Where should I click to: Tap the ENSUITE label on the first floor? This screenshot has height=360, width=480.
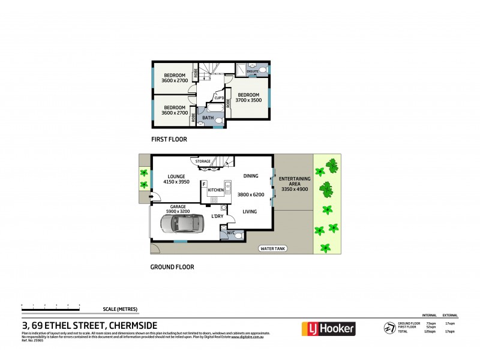[253, 71]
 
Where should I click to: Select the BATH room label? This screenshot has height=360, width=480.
[208, 118]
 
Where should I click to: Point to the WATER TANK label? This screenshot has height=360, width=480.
[272, 248]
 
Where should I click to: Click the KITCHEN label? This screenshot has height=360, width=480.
[216, 190]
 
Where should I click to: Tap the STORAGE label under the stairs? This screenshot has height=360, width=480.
[203, 161]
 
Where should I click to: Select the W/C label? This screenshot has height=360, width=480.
[231, 232]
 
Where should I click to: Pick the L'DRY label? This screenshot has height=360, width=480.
[218, 216]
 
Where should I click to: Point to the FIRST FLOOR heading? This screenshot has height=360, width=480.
[169, 139]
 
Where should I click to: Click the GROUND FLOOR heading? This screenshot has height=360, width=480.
[172, 267]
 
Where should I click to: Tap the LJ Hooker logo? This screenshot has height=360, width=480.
[328, 329]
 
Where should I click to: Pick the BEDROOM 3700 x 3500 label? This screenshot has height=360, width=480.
[248, 98]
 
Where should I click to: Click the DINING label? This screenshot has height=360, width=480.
[251, 176]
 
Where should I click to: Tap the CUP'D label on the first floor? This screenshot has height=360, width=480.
[219, 98]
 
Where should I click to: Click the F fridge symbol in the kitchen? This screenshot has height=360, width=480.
[205, 184]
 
